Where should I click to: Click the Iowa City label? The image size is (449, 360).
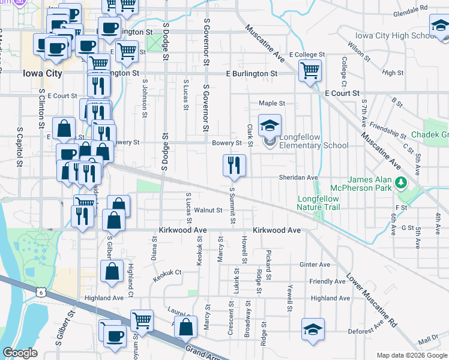pyautogui.click(x=42, y=73)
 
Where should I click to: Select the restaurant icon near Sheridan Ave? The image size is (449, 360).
pyautogui.click(x=234, y=165)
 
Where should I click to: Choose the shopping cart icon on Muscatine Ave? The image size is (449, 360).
pyautogui.click(x=310, y=71)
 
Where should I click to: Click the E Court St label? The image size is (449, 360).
pyautogui.click(x=342, y=94)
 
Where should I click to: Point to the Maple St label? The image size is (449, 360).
pyautogui.click(x=271, y=103)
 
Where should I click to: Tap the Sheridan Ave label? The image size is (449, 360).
pyautogui.click(x=297, y=178)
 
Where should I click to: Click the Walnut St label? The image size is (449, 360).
pyautogui.click(x=212, y=210)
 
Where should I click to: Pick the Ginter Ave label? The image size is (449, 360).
pyautogui.click(x=316, y=265)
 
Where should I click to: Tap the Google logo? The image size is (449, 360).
pyautogui.click(x=20, y=353)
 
